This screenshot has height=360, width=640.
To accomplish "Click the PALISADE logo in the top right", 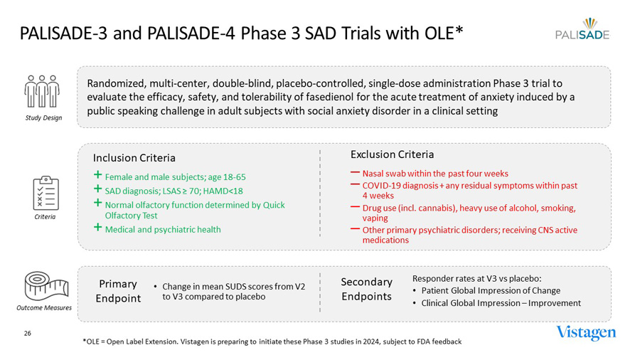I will [x=582, y=29].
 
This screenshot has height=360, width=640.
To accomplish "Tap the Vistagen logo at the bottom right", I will [x=586, y=333].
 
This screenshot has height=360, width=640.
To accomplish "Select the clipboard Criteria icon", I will [x=46, y=192].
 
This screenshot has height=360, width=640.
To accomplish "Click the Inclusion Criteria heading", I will [x=134, y=157].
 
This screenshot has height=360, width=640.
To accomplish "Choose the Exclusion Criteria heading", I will [x=392, y=154].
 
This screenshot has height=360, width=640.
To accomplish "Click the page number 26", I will [x=28, y=333].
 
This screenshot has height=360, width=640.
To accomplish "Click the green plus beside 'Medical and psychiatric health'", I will [x=98, y=228].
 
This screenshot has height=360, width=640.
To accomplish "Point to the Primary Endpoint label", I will [x=118, y=291].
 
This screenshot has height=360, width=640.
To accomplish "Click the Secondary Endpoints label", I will [x=366, y=289].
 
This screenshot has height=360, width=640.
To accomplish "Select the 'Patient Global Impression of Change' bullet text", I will [x=491, y=290].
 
